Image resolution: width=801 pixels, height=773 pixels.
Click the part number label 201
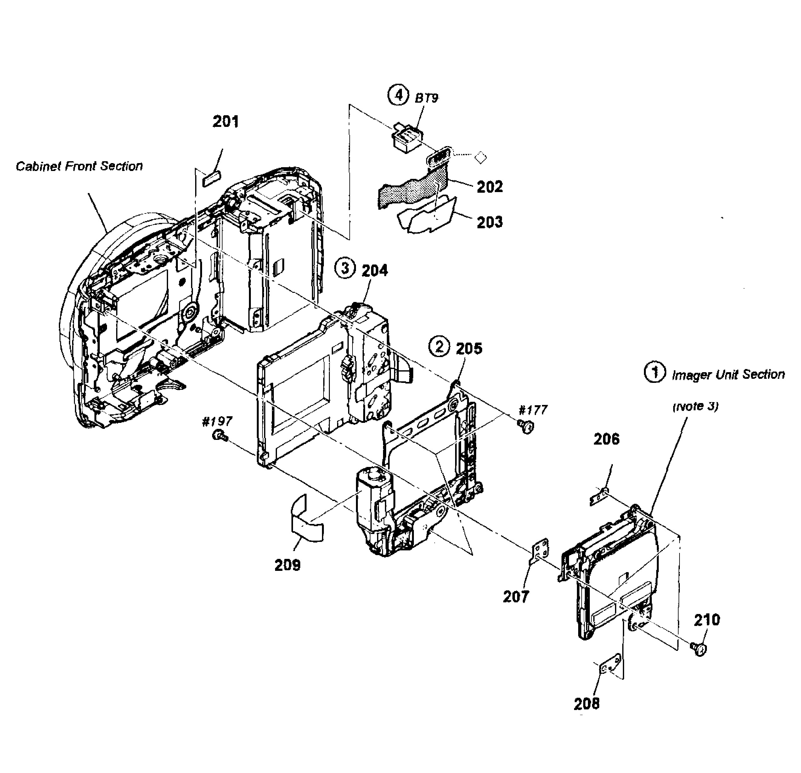coord(226,122)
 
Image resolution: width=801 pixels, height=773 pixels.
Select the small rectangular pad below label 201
coord(212,179)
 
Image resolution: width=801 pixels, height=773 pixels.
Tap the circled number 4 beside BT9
coord(398,95)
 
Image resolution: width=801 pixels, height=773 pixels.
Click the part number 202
coord(490,187)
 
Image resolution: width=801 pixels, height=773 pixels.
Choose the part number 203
coord(490,222)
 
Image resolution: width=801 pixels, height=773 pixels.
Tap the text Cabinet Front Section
coord(79,166)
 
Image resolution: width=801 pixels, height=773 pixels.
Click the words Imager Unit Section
coord(728,374)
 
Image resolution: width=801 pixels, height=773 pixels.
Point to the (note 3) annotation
coord(696,406)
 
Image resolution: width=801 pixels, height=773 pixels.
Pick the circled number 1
coord(654,373)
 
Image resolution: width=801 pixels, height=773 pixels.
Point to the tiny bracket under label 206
coord(600,496)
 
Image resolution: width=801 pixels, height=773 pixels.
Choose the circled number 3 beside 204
coord(345,269)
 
